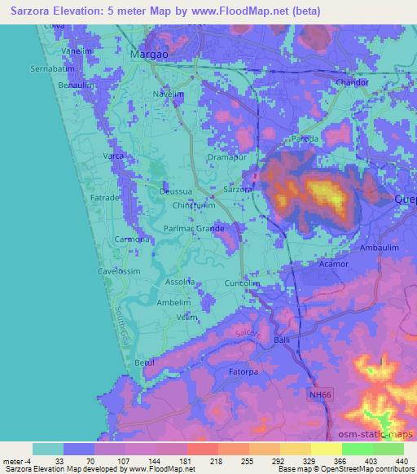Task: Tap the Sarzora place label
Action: [237, 190]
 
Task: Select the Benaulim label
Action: [87, 85]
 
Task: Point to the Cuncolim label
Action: [242, 283]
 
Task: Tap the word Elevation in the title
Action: [82, 11]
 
